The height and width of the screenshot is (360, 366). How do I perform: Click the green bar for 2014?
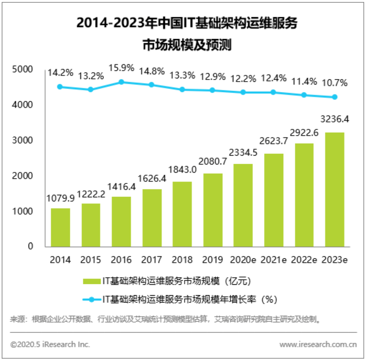[x=60, y=228]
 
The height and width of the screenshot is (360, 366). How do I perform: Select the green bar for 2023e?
[x=335, y=190]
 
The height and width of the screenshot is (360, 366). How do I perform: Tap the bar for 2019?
[x=213, y=210]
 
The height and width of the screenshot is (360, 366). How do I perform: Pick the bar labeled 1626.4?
[x=152, y=218]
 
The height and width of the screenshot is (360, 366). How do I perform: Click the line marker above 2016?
[x=121, y=82]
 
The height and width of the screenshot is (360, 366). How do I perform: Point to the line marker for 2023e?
[x=335, y=97]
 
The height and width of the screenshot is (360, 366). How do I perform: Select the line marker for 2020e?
[x=243, y=92]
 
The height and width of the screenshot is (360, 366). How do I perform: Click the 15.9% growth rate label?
[x=121, y=68]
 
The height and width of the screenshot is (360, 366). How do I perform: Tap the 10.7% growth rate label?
[x=335, y=83]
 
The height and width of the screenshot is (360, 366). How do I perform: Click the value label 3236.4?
[x=335, y=118]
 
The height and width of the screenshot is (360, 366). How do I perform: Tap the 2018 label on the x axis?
[x=182, y=260]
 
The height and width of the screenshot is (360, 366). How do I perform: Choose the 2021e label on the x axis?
[x=274, y=260]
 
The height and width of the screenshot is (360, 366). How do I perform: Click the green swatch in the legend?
[x=91, y=281]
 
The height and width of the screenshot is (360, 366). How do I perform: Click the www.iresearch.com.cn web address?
[x=318, y=344]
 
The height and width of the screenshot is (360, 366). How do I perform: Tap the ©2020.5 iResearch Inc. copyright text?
[x=50, y=344]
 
